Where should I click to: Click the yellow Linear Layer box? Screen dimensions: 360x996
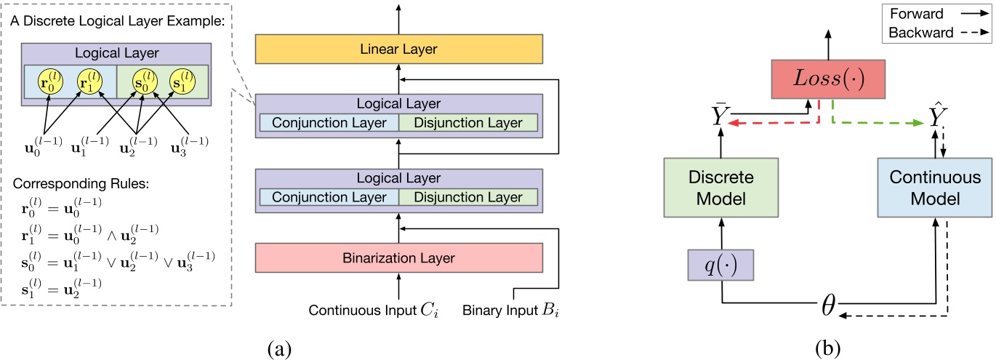399,49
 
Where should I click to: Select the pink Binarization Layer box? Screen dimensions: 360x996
399,257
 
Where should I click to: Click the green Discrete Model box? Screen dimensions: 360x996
720,188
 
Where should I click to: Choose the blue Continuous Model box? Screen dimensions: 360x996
935,188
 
